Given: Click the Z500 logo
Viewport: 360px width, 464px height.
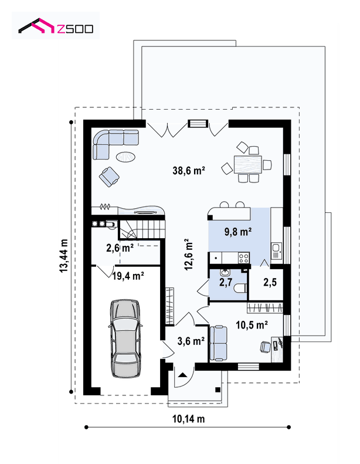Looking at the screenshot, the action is click(56, 26).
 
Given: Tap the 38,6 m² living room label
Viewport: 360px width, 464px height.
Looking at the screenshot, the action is click(189, 171).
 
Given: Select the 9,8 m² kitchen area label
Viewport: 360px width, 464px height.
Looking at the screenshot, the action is click(238, 232).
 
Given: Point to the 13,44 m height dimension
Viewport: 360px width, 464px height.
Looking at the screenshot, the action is click(64, 256).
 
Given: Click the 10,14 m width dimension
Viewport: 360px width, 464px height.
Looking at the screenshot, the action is click(188, 419).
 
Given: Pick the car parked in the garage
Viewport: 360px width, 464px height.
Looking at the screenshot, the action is click(125, 338).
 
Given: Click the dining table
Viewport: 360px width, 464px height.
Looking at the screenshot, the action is click(248, 164).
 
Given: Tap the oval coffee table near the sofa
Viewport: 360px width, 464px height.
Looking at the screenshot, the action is click(125, 157).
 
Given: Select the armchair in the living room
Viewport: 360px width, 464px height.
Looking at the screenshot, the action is click(109, 177).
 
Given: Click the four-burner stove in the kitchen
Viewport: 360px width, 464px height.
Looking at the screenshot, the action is click(244, 258).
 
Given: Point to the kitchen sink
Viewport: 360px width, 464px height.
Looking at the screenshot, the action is click(277, 251).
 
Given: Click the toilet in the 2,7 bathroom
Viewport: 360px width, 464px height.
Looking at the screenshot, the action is click(240, 288).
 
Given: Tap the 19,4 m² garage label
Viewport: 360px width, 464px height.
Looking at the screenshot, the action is click(128, 276).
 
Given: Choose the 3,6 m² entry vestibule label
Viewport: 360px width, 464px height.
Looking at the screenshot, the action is click(191, 341).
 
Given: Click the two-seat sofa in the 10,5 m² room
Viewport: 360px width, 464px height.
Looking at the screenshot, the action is click(219, 343).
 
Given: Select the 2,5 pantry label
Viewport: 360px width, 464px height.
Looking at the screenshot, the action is click(270, 282).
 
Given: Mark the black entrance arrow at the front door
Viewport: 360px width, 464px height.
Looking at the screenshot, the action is click(183, 375).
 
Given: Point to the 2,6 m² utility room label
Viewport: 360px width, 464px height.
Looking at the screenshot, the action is click(120, 248).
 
